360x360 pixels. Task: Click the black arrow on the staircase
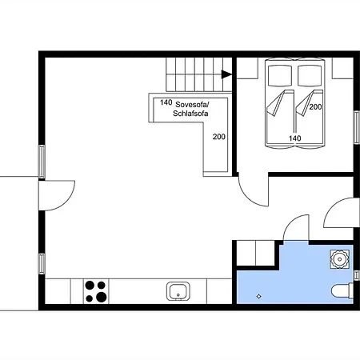click(x=226, y=74)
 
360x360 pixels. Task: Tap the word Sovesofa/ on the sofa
click(x=192, y=104)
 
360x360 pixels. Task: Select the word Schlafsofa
click(x=190, y=114)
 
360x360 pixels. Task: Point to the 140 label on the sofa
click(x=166, y=102)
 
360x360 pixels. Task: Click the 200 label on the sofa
click(x=219, y=137)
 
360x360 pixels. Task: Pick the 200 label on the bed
click(x=315, y=107)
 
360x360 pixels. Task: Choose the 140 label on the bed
click(x=295, y=138)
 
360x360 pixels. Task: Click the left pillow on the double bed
click(x=280, y=75)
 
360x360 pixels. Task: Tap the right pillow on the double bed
click(x=310, y=75)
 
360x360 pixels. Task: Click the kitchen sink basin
click(x=178, y=291)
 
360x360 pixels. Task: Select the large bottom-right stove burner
click(x=102, y=297)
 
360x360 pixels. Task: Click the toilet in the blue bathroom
click(x=342, y=291)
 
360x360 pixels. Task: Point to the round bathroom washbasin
click(x=339, y=259)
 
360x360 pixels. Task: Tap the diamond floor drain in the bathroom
click(x=258, y=296)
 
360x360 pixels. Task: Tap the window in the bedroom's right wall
click(x=357, y=127)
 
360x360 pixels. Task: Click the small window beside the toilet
click(x=357, y=275)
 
